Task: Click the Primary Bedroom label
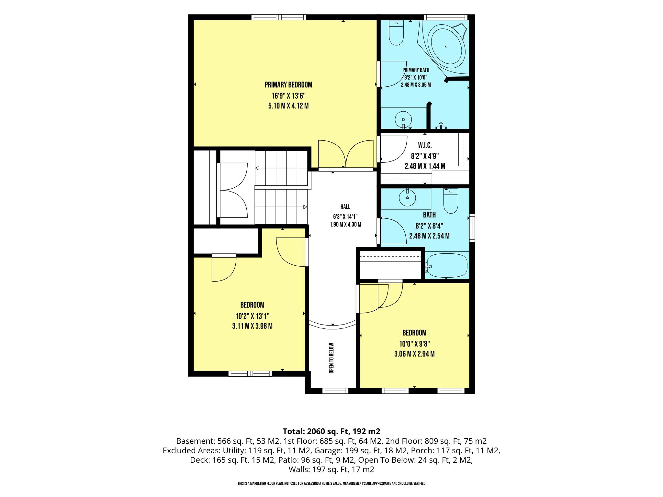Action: click(288, 85)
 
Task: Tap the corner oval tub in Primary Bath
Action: click(446, 48)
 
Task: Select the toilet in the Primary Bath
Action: click(396, 33)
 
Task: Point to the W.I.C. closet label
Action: click(425, 146)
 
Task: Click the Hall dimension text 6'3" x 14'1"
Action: click(345, 216)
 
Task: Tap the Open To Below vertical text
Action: click(331, 358)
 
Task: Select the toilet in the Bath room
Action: click(451, 201)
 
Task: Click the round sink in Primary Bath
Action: click(403, 120)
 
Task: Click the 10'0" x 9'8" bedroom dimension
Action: click(414, 344)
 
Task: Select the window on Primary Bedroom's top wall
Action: click(279, 17)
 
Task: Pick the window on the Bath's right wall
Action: click(472, 228)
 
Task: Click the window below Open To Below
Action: click(335, 391)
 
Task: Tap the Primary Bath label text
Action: click(416, 70)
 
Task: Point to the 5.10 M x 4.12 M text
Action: click(288, 106)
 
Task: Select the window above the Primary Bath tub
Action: click(445, 17)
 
